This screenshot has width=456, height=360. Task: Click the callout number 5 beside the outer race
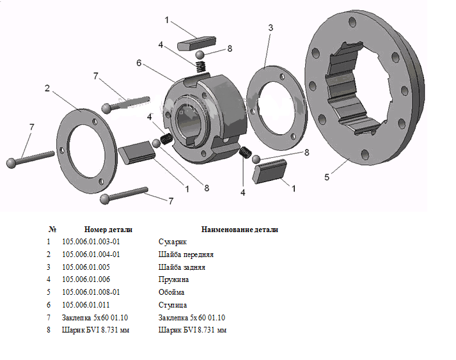pyautogui.click(x=327, y=177)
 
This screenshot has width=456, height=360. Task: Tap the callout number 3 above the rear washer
pyautogui.click(x=271, y=28)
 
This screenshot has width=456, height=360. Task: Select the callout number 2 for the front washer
pyautogui.click(x=47, y=88)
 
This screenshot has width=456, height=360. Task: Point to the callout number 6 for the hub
pyautogui.click(x=139, y=63)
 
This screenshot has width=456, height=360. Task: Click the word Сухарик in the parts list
pyautogui.click(x=173, y=241)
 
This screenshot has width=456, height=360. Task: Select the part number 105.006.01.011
pyautogui.click(x=86, y=305)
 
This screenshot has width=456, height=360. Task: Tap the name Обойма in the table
pyautogui.click(x=172, y=292)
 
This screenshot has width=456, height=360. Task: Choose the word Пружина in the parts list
pyautogui.click(x=173, y=279)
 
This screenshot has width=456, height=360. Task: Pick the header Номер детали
pyautogui.click(x=108, y=229)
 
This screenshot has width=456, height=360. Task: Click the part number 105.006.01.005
pyautogui.click(x=86, y=267)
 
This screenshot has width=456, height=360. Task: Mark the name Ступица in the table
pyautogui.click(x=173, y=305)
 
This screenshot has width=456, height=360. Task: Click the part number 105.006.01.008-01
pyautogui.click(x=91, y=292)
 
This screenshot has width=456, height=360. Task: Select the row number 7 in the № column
pyautogui.click(x=48, y=318)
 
